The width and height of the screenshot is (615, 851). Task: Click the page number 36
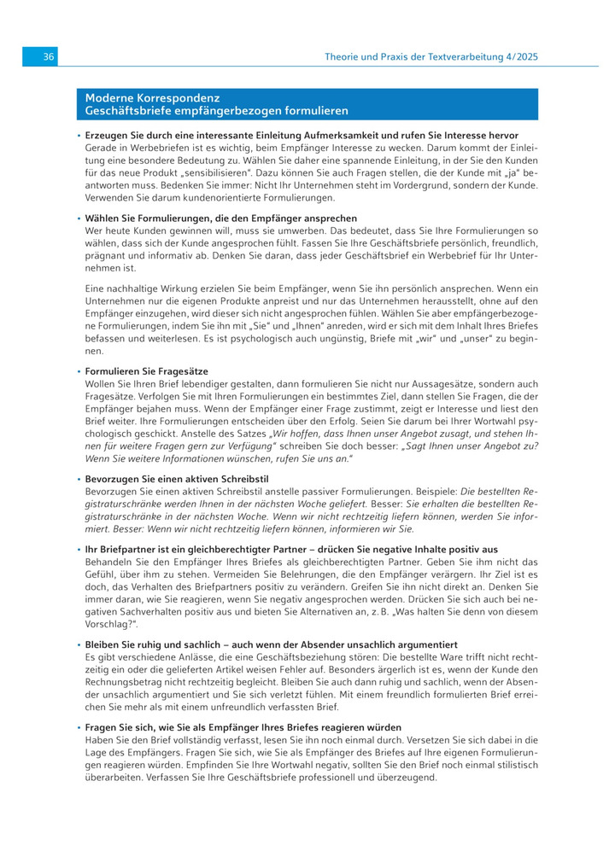[x=49, y=56]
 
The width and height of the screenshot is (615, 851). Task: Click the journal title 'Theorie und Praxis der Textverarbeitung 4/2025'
[x=431, y=56]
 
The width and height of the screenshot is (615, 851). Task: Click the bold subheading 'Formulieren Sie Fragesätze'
[x=146, y=372]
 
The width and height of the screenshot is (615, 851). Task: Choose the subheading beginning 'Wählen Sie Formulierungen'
[x=221, y=219]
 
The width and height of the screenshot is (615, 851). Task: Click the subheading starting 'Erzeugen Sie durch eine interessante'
[x=302, y=136]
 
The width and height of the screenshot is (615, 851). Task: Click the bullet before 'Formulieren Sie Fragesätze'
[x=79, y=372]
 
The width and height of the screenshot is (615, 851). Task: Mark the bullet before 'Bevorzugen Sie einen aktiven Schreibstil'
[x=79, y=480]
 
